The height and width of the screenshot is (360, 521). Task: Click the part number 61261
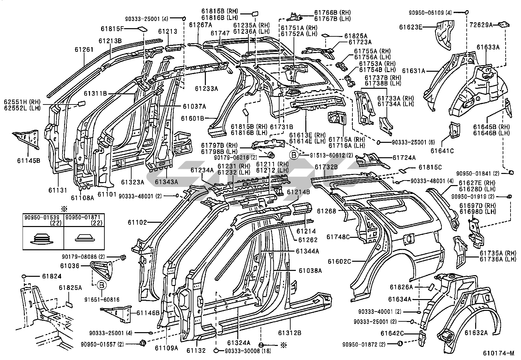84,50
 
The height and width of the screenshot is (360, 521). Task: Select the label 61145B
28,161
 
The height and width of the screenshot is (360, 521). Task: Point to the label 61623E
410,27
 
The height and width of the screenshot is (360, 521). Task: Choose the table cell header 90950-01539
43,217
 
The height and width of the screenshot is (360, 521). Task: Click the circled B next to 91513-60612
294,155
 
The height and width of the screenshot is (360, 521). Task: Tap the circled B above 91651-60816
101,286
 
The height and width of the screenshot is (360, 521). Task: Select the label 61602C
339,261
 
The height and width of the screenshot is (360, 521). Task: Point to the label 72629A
481,25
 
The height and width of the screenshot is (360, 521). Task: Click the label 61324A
239,343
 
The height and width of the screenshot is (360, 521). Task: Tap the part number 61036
70,266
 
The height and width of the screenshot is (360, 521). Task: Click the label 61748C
338,237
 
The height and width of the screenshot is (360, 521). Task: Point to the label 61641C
442,151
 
